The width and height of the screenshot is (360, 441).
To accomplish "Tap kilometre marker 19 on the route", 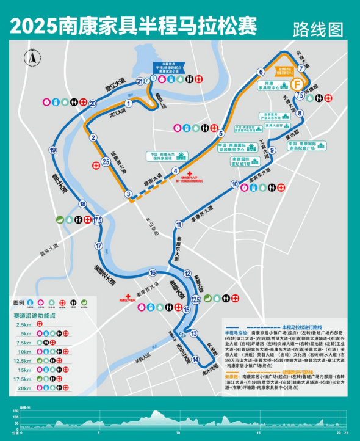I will coord(53,150).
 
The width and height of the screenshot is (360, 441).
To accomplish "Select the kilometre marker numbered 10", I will coord(234,184).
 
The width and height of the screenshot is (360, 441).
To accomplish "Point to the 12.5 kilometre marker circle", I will coord(196,299).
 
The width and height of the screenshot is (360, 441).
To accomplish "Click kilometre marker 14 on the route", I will coord(195,359).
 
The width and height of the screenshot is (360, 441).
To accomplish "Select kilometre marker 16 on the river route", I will coord(153,272).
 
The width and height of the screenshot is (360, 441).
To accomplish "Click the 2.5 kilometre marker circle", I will coord(106,161).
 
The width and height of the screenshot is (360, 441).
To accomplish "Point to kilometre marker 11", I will coord(179,224).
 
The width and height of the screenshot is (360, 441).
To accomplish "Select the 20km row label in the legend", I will coord(24,388).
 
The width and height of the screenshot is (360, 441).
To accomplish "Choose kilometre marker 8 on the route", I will coord(300,113).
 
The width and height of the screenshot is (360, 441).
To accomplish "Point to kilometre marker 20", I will coord(93,103).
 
